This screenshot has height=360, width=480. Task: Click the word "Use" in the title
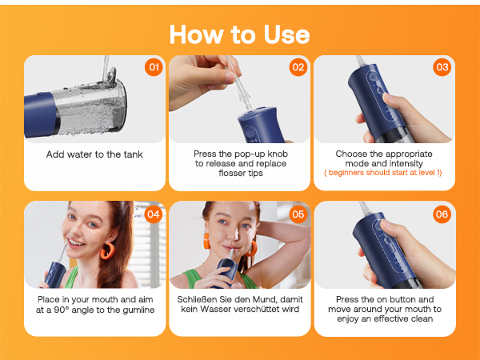coord(282,34)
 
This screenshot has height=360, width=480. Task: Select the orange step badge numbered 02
coord(298,67)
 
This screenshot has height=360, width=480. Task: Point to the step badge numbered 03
coord(442,67)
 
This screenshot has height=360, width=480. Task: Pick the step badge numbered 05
coord(298,214)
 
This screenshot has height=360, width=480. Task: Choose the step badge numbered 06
coord(442,214)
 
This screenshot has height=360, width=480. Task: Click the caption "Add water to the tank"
coord(94,154)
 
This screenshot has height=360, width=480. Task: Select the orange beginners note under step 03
coord(384,173)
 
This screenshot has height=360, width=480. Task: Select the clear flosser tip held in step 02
coord(240,90)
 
